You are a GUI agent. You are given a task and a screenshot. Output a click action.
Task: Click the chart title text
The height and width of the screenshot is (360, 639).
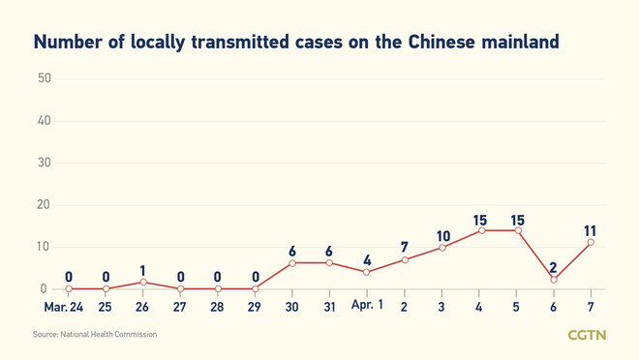(x=296, y=43)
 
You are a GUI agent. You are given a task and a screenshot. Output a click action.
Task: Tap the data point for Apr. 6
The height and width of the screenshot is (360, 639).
(x=556, y=280)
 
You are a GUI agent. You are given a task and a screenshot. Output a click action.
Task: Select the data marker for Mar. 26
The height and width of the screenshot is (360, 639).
(x=143, y=282)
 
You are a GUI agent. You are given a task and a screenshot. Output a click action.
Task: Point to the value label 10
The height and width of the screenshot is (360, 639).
(x=443, y=235)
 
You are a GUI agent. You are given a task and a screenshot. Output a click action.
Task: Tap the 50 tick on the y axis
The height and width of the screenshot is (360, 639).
(x=44, y=77)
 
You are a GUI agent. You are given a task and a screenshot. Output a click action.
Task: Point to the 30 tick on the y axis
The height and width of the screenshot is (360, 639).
(x=44, y=163)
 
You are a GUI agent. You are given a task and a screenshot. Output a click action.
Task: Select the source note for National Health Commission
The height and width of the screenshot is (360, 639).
(x=95, y=335)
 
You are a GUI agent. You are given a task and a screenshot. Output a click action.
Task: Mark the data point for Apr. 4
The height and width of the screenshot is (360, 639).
(x=481, y=230)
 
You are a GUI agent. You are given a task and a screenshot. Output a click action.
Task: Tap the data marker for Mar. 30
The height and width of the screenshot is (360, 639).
(x=293, y=263)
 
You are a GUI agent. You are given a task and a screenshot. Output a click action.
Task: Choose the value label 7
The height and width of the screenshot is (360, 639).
(x=406, y=248)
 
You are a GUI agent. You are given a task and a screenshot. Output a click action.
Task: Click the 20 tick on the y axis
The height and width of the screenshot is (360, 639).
(x=44, y=205)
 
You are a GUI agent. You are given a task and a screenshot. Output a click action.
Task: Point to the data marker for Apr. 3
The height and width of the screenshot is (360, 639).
(x=443, y=248)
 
